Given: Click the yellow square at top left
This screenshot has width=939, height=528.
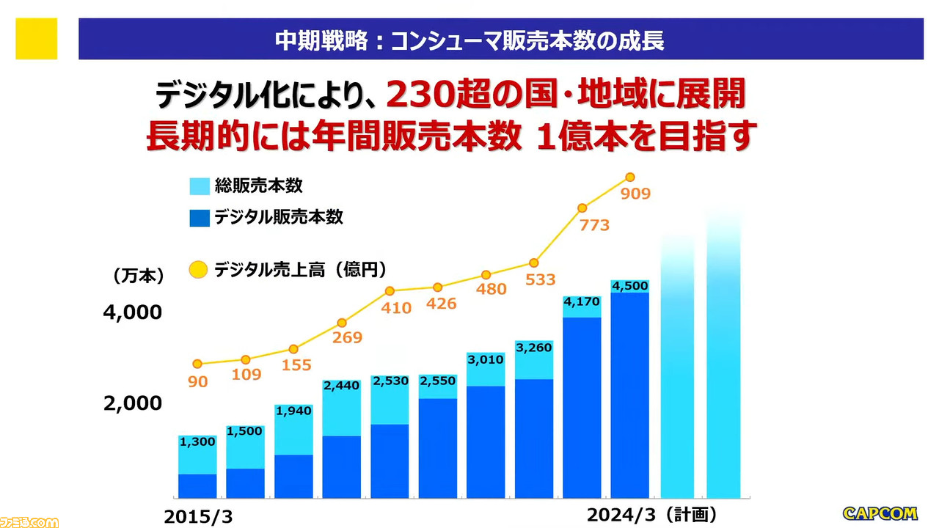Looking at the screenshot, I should pyautogui.click(x=36, y=39).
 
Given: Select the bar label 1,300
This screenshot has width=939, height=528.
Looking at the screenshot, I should pyautogui.click(x=197, y=441).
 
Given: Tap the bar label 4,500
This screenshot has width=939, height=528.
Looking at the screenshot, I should pyautogui.click(x=629, y=286).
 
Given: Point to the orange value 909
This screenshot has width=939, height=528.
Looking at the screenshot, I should pyautogui.click(x=635, y=194).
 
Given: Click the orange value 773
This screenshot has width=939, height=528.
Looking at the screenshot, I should pyautogui.click(x=594, y=225).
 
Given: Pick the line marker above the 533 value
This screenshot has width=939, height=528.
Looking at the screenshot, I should pyautogui.click(x=534, y=263).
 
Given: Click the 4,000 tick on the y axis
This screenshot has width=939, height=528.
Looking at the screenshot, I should pyautogui.click(x=132, y=312).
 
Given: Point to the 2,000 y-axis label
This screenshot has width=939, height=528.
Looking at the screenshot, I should pyautogui.click(x=132, y=403).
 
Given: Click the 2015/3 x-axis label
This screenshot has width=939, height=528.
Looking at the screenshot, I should pyautogui.click(x=198, y=516).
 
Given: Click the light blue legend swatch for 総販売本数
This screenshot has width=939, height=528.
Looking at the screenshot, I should pyautogui.click(x=200, y=186).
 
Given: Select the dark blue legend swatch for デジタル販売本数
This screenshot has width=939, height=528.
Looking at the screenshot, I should pyautogui.click(x=200, y=218).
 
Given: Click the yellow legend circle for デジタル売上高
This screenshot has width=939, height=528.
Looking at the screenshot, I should pyautogui.click(x=198, y=271).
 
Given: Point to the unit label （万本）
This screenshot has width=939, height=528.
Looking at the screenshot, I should pyautogui.click(x=138, y=276).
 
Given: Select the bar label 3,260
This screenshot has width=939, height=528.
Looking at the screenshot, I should pyautogui.click(x=533, y=348).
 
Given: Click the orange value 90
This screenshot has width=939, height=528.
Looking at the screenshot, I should pyautogui.click(x=198, y=381).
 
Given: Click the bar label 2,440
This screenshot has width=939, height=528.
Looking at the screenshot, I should pyautogui.click(x=341, y=386).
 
